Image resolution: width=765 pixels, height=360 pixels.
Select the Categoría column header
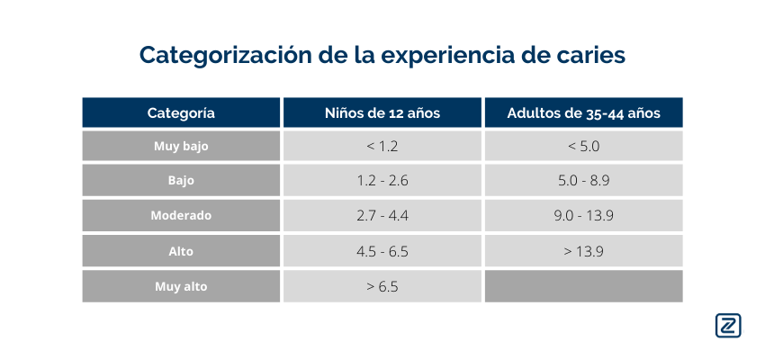click(181, 112)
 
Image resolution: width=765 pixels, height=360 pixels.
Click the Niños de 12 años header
click(382, 112)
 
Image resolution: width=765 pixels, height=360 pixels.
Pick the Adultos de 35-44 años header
click(583, 112)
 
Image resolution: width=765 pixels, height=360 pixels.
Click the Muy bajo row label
click(181, 146)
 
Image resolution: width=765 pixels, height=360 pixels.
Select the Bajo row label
click(181, 180)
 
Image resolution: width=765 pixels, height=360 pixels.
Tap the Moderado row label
click(181, 216)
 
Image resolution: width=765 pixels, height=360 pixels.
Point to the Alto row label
click(181, 251)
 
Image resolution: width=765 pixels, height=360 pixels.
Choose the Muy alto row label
click(181, 287)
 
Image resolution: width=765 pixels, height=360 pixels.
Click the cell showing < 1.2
click(382, 146)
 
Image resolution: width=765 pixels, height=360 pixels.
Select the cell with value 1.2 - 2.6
click(382, 180)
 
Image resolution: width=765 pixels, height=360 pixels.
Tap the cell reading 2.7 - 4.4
click(382, 216)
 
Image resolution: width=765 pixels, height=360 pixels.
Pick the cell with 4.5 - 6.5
click(382, 251)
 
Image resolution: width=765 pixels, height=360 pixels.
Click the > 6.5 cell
click(382, 287)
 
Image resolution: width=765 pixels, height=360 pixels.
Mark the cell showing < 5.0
click(583, 146)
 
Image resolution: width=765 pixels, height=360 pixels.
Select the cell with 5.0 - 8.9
click(583, 180)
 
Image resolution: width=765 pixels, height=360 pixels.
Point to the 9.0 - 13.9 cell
click(583, 216)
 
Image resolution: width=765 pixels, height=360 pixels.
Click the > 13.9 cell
click(583, 251)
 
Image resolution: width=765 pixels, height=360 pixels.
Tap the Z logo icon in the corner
click(728, 326)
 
